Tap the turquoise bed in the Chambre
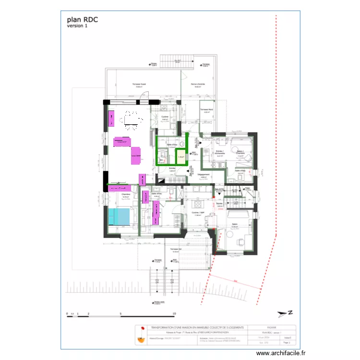coord(119,216)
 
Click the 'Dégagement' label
coord(205,175)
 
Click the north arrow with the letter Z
coord(285,313)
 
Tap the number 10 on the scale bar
coord(174,313)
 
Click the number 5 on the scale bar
coord(120,313)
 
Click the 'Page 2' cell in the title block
coord(287,343)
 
